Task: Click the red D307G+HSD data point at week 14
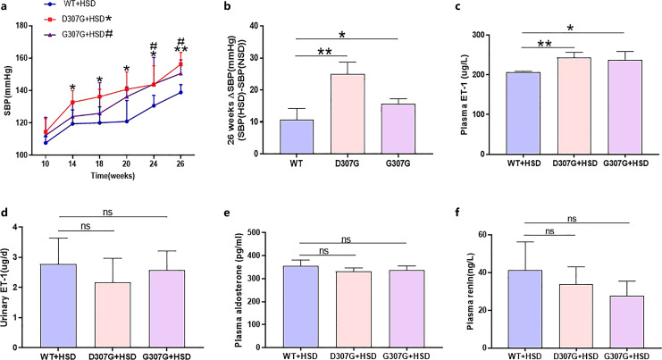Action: [x=72, y=102]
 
